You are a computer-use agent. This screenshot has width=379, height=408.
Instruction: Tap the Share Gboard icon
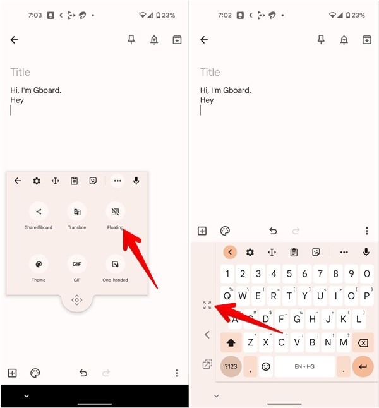39,212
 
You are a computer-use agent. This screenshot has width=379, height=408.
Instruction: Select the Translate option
76,212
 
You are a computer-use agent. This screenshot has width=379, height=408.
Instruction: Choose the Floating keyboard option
115,212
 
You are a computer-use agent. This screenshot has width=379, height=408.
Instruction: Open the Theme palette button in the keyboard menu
39,263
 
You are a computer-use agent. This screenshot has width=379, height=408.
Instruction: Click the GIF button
76,263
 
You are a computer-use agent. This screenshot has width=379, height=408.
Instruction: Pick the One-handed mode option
115,263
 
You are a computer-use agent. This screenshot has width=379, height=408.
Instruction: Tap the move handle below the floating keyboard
77,301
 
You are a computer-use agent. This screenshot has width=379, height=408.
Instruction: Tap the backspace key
363,343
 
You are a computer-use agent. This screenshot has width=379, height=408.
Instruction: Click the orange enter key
363,366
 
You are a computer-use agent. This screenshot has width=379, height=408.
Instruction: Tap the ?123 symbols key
231,366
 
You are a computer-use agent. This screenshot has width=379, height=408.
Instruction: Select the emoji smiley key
266,366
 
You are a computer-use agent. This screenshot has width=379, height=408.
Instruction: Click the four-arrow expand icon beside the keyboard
207,305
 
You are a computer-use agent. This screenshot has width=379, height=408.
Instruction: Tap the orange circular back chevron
231,252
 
